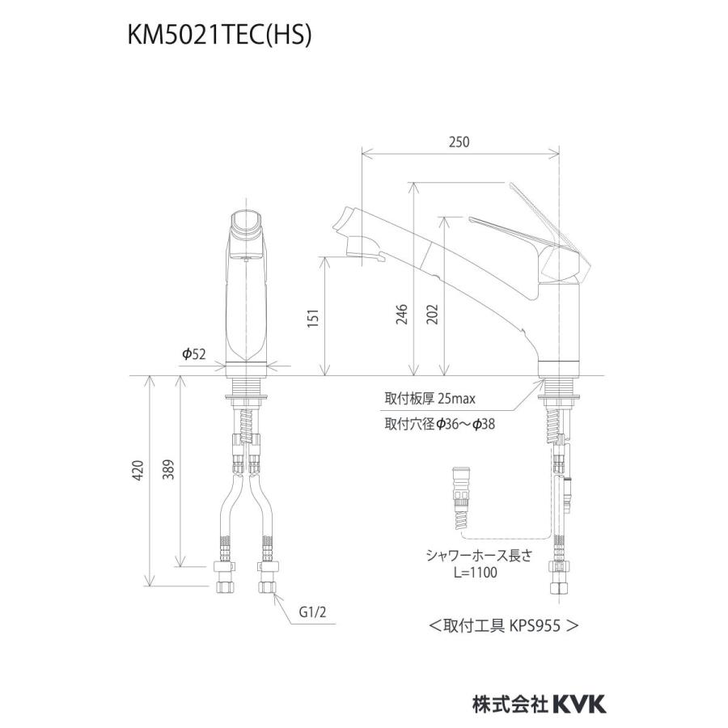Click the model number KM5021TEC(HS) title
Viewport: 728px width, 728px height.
(x=219, y=36)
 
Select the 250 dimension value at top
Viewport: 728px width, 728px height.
(x=459, y=142)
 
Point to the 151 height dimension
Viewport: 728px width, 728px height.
(x=314, y=318)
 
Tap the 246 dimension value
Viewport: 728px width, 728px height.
(x=401, y=315)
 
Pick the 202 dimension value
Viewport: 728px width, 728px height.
(x=432, y=315)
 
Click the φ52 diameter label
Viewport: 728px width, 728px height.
(x=193, y=354)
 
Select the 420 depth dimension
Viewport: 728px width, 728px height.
(x=138, y=470)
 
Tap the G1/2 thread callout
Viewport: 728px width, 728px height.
(x=312, y=612)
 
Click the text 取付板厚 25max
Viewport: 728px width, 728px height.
(x=430, y=398)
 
